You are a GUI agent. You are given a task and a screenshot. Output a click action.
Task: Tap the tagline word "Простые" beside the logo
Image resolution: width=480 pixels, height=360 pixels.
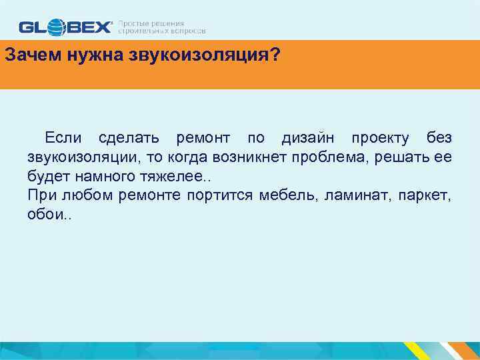[132, 23]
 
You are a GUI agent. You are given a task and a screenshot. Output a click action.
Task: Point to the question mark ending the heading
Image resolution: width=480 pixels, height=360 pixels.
[275, 55]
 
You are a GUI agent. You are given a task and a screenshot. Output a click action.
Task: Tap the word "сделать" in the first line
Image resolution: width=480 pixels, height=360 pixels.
[129, 138]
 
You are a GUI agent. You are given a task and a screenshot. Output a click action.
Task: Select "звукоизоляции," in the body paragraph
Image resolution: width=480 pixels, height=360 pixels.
[75, 157]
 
